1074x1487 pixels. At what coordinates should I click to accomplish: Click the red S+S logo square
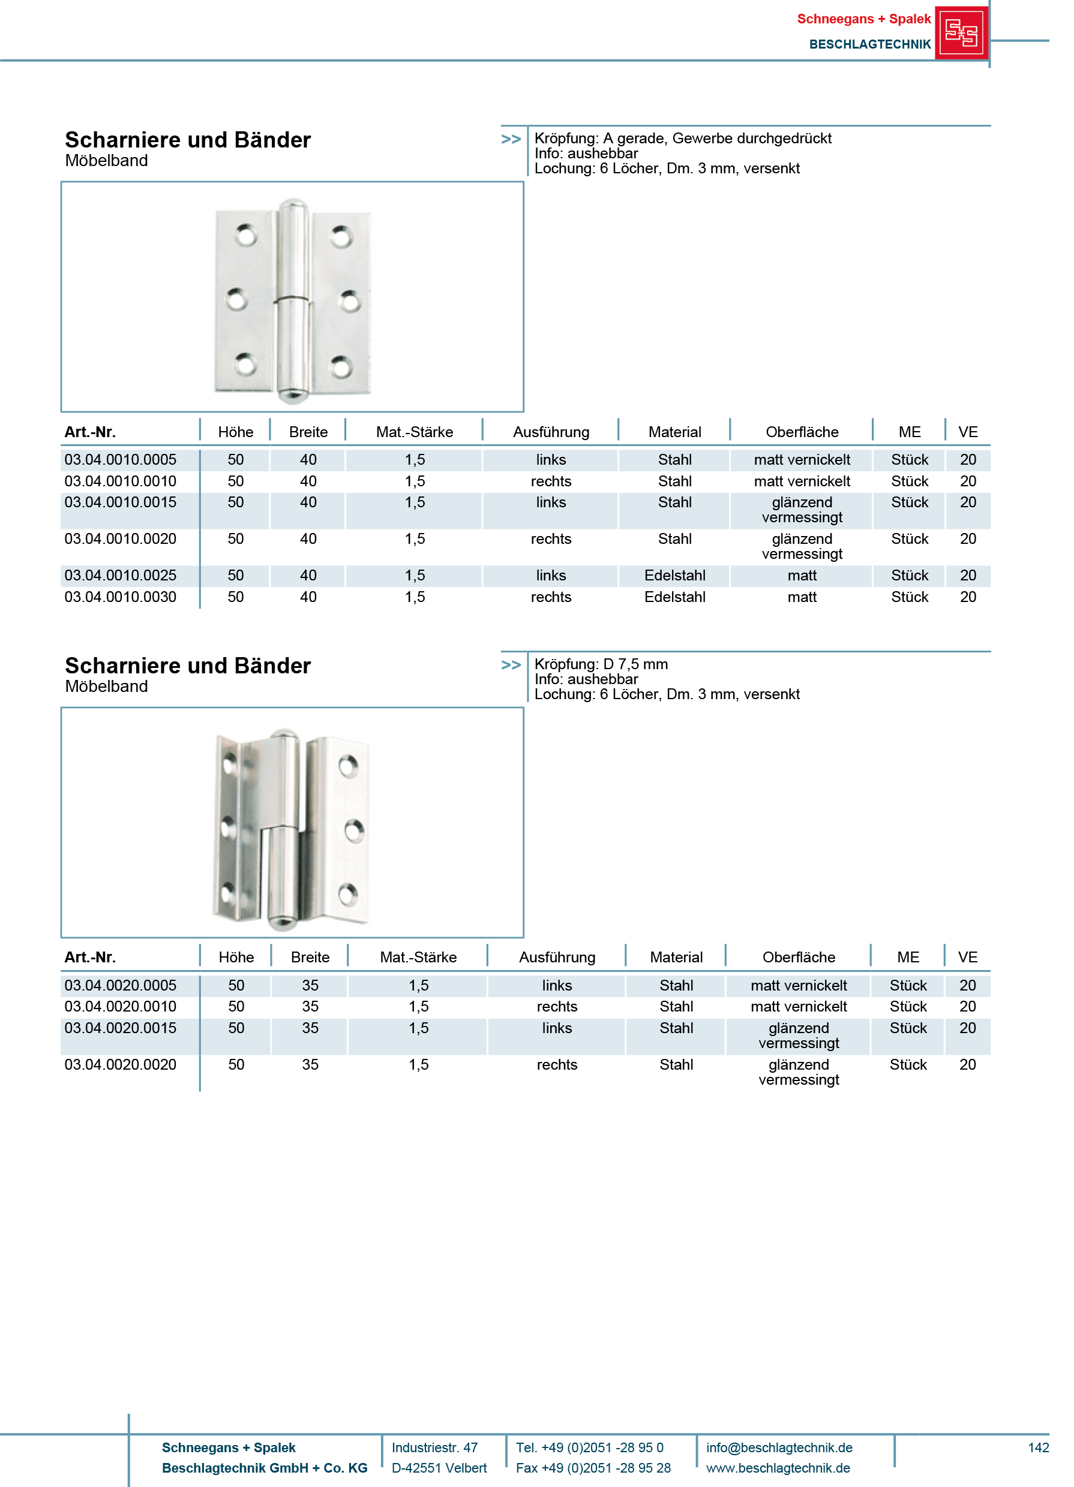pos(961,33)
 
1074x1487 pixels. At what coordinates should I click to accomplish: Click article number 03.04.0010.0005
pos(120,460)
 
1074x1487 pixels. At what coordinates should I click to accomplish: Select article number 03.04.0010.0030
pos(120,597)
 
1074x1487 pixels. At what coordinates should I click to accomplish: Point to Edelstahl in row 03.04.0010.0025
pos(674,575)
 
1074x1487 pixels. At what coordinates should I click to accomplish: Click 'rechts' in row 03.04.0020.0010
pos(556,1006)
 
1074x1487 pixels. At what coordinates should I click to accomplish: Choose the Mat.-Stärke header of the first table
pos(414,432)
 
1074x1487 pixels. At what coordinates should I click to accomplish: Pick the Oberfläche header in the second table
pos(798,957)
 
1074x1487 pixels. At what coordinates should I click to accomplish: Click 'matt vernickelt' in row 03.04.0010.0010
pos(801,481)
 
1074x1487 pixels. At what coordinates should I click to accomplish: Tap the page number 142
pos(1038,1447)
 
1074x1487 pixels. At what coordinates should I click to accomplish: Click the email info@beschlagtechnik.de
pos(779,1447)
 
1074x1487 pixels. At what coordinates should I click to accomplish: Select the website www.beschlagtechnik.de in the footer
pos(778,1468)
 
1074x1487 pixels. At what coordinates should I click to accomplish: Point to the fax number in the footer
pos(592,1468)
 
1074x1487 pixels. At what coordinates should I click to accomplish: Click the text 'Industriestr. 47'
pos(434,1447)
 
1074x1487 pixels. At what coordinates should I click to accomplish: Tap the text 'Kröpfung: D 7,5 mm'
pos(601,664)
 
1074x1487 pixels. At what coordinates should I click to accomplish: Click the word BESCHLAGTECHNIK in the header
pos(869,44)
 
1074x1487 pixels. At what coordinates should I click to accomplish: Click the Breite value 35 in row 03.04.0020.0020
pos(310,1064)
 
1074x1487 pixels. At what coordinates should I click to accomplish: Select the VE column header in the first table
pos(967,432)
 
